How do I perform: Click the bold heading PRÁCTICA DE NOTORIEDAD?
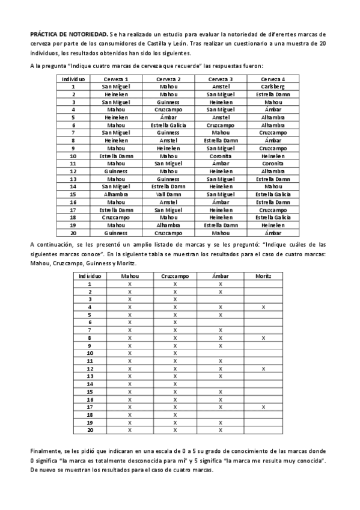click(x=69, y=34)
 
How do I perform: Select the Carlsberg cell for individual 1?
click(x=273, y=87)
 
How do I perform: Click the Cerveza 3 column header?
click(x=221, y=79)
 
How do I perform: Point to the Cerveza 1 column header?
click(x=116, y=79)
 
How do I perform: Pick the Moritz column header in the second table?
click(x=263, y=275)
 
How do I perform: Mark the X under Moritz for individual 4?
click(x=263, y=307)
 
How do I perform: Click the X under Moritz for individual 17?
click(x=263, y=407)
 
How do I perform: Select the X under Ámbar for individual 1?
click(x=221, y=283)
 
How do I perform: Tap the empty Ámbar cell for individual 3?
click(x=221, y=299)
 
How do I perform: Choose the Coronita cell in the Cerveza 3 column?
click(x=221, y=156)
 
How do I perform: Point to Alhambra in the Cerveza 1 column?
click(x=116, y=194)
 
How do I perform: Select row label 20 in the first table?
click(x=73, y=233)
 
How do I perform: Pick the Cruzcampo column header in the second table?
click(x=175, y=275)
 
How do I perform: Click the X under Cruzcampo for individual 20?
click(x=175, y=430)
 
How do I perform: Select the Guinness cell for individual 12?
click(x=116, y=171)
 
